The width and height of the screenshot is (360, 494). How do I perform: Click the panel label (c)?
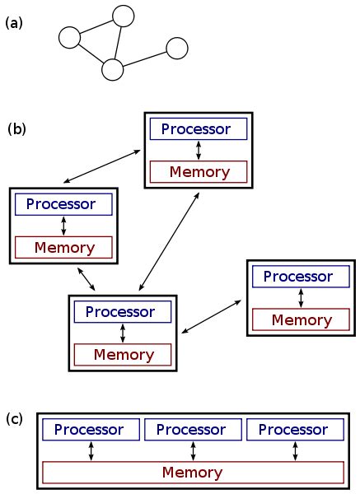(x=15, y=419)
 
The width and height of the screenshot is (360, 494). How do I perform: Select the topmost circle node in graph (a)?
(x=123, y=16)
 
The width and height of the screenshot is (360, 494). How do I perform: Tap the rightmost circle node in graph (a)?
(x=178, y=49)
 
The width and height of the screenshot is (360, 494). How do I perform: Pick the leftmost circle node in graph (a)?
(x=69, y=38)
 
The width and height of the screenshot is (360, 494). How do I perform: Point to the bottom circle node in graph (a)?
(x=112, y=70)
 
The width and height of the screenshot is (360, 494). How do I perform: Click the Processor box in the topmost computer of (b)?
(x=199, y=129)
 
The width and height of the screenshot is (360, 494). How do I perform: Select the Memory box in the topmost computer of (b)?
(x=199, y=172)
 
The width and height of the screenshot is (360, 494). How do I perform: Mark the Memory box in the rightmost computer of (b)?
(x=301, y=319)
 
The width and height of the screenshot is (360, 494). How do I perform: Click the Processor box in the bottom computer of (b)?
(x=122, y=312)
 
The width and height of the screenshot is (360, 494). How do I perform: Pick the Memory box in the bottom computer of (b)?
(x=122, y=355)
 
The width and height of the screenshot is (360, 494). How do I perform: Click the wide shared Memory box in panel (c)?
(x=192, y=473)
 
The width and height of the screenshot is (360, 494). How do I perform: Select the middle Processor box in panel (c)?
(x=192, y=430)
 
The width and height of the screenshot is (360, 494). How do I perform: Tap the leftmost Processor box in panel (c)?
(x=90, y=430)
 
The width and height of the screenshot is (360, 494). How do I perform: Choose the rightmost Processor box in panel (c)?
(x=294, y=430)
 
